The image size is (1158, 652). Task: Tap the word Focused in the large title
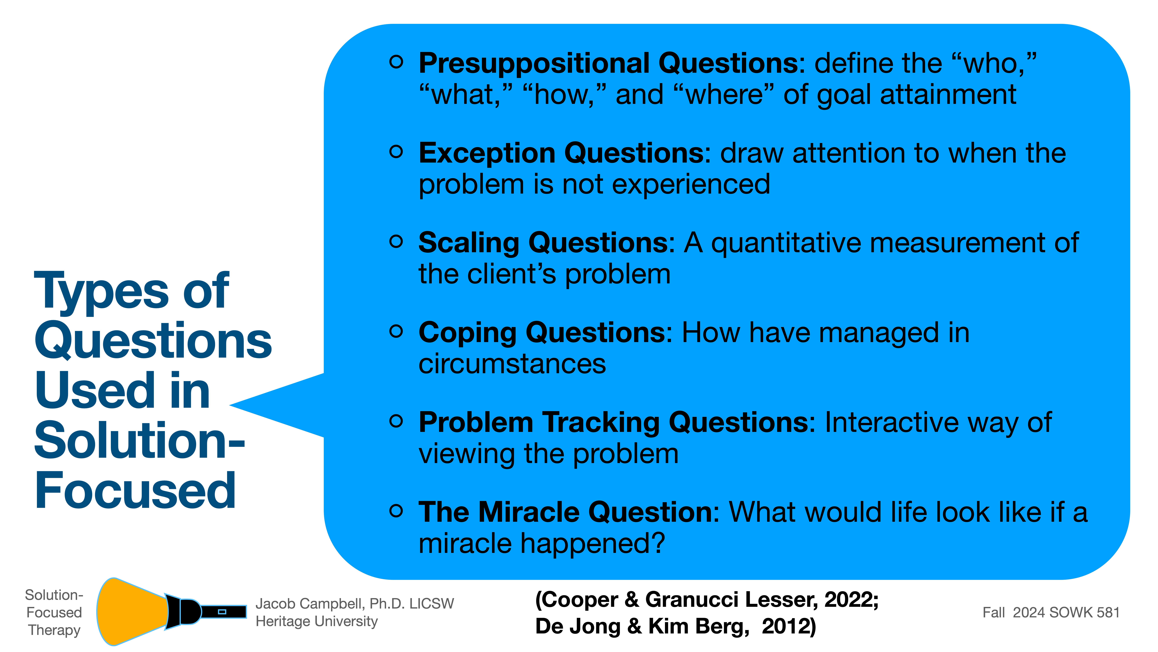[135, 490]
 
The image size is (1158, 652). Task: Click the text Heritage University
[317, 621]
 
